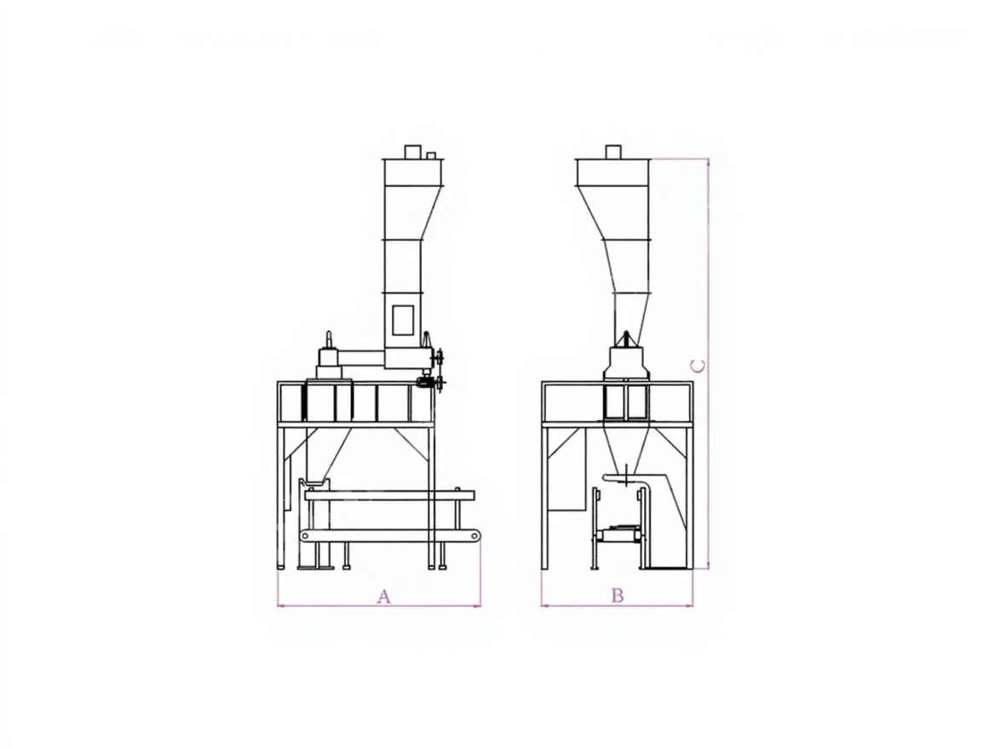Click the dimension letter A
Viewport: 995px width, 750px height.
pos(384,597)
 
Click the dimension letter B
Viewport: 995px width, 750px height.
pos(618,596)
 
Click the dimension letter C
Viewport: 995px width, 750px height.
pos(698,366)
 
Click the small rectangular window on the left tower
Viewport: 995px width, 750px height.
pos(403,320)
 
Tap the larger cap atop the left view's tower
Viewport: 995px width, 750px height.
pos(413,152)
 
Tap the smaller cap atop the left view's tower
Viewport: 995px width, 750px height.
pos(431,156)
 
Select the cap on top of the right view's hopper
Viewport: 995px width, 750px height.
pos(613,152)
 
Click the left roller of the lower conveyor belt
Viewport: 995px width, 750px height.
pos(306,537)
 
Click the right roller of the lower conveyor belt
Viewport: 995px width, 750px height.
pos(474,537)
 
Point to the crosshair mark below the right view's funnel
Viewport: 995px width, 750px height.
pos(627,475)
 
